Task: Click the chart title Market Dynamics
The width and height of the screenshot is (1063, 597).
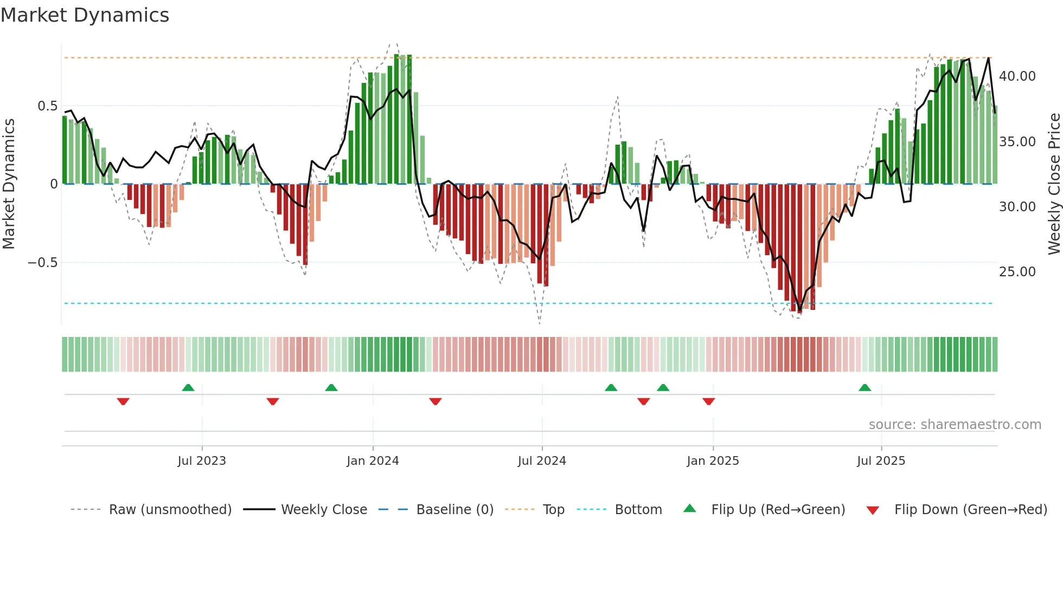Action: click(85, 15)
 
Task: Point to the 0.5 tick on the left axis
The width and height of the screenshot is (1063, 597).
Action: click(47, 106)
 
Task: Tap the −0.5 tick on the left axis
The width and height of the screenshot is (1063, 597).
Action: click(42, 263)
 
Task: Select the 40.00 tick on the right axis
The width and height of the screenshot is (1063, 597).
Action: click(1017, 76)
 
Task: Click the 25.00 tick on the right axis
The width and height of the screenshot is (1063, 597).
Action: click(1017, 272)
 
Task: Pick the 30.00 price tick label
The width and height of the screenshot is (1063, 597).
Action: click(1017, 207)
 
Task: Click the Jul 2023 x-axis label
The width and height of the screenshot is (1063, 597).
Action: click(202, 461)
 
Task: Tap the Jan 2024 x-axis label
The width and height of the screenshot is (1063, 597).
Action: click(373, 461)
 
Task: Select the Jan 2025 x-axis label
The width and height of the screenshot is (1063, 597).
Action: click(713, 461)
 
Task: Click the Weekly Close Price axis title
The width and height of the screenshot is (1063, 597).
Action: click(1054, 184)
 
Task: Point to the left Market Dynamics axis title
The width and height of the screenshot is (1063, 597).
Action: click(9, 184)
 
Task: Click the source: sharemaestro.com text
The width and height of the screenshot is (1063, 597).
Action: click(955, 425)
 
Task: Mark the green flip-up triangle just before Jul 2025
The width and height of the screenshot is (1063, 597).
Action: click(865, 388)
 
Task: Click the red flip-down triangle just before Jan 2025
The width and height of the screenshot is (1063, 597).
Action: click(708, 401)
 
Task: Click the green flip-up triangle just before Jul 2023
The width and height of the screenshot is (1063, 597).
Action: click(188, 388)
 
